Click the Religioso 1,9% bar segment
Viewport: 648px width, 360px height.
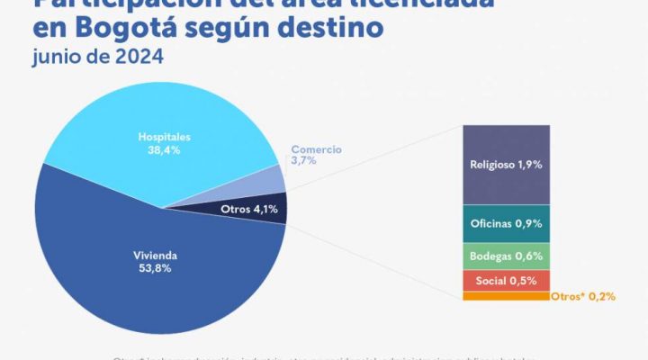click(506, 165)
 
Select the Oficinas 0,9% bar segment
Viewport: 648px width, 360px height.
click(506, 222)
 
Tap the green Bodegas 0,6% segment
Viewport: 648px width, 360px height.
click(506, 256)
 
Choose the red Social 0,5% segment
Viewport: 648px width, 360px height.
click(506, 280)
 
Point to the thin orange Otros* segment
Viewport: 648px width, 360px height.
click(506, 296)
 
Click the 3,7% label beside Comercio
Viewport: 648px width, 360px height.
click(302, 160)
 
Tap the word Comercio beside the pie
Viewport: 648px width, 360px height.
click(318, 148)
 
